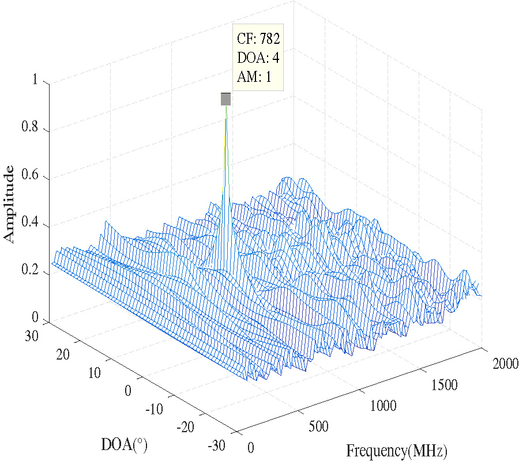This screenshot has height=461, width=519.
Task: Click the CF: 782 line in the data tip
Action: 258,39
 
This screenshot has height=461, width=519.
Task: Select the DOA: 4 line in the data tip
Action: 258,58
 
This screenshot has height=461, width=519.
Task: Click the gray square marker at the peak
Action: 225,99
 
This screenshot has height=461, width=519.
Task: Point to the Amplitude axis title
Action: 9,203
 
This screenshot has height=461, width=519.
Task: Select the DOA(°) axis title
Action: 123,444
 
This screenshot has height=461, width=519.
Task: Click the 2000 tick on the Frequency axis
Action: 505,364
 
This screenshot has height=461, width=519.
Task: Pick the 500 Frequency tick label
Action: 318,427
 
